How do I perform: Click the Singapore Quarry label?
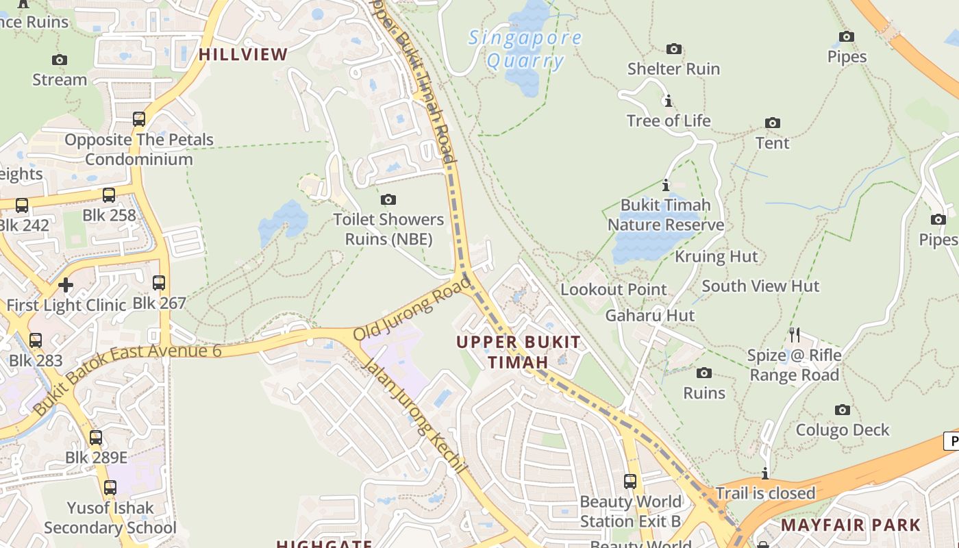[x=525, y=49]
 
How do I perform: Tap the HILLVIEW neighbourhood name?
[x=243, y=55]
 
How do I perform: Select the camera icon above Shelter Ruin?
[x=674, y=49]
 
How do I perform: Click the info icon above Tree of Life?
[x=668, y=101]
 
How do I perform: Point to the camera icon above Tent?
[x=773, y=123]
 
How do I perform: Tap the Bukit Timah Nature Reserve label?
[x=665, y=215]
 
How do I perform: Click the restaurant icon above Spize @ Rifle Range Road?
[x=795, y=334]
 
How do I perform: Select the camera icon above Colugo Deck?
[x=843, y=410]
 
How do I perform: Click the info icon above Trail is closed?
[x=765, y=473]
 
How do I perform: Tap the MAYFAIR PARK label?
[x=851, y=525]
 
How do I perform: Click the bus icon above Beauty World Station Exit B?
[x=630, y=481]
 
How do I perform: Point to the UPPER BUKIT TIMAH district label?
[x=519, y=351]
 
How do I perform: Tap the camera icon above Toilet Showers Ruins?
[x=388, y=199]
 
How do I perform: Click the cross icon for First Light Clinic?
[x=66, y=285]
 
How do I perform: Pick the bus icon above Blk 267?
[x=159, y=282]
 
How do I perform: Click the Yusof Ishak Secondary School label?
[x=110, y=518]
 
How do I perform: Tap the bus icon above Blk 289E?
[x=96, y=437]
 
